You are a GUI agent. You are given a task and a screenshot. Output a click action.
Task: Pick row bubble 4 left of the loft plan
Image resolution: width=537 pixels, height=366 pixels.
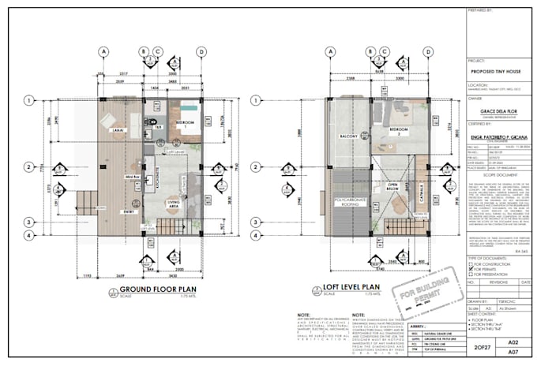(250, 234)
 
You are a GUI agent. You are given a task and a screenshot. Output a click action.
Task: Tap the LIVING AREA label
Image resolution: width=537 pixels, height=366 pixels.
(176, 204)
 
